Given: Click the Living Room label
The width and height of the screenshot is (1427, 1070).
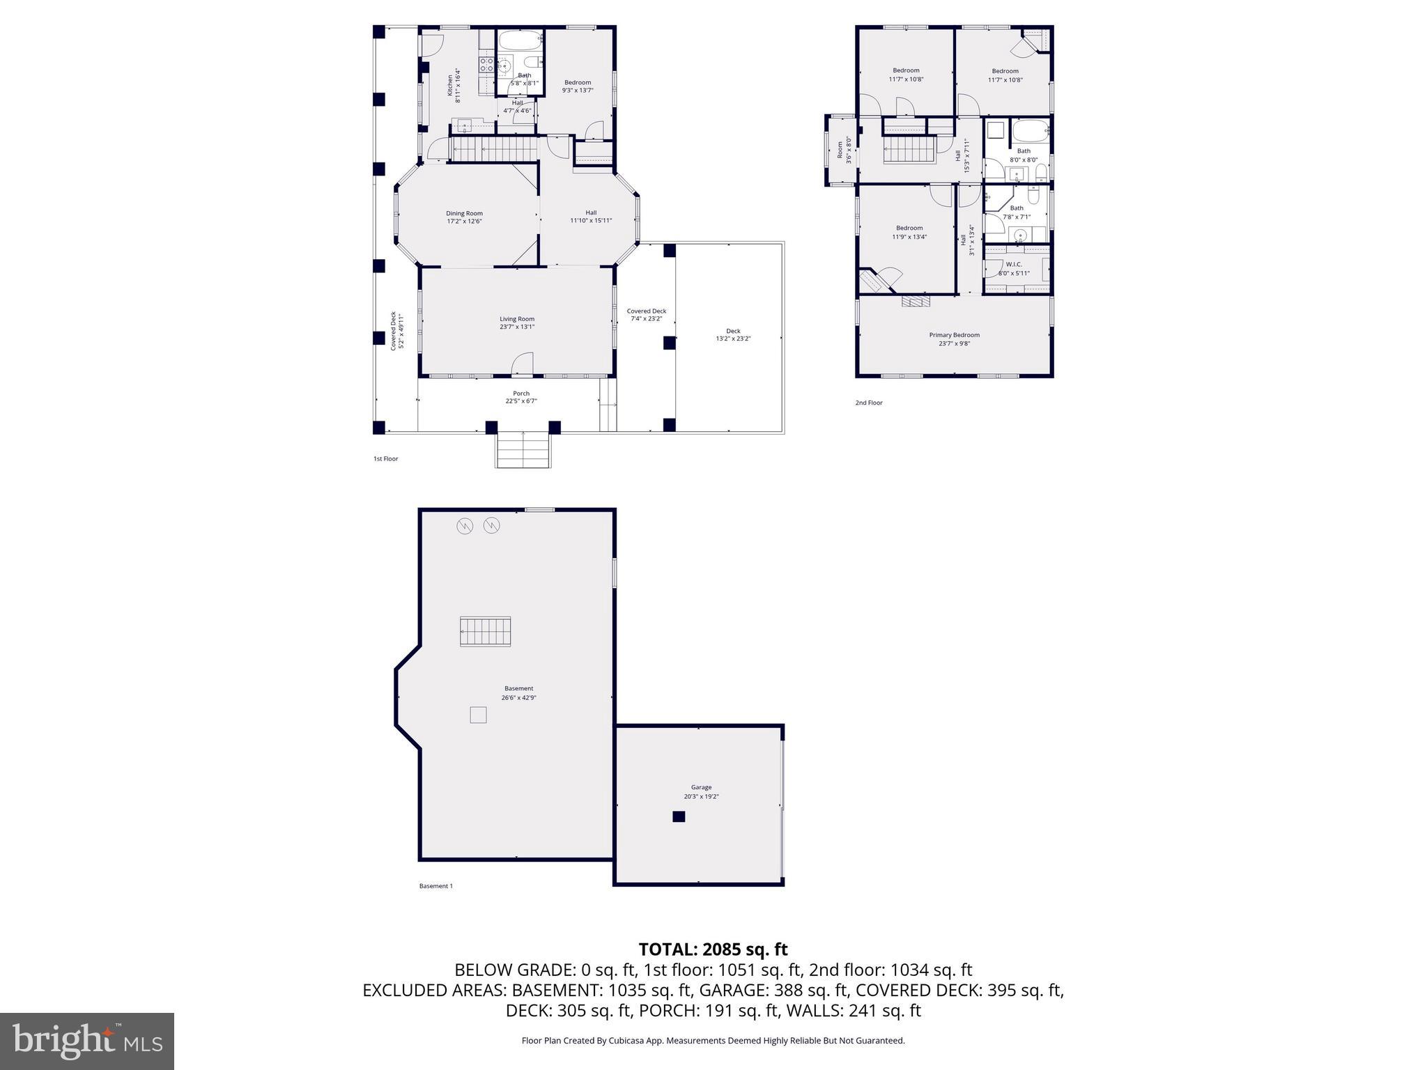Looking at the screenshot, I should (x=516, y=319).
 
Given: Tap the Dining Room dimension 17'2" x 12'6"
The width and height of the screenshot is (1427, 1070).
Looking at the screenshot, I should (x=464, y=222).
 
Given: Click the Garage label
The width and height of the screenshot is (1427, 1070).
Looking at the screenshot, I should (x=701, y=787).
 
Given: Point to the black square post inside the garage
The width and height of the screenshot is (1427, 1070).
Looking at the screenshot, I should (x=679, y=816).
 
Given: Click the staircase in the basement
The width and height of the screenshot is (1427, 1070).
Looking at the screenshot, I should (x=485, y=632).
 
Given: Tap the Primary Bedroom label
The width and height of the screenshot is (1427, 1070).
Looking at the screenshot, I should (x=954, y=335).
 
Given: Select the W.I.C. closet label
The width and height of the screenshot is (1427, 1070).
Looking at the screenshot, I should (x=1013, y=264).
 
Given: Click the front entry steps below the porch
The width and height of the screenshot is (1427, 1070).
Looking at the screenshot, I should (x=523, y=450).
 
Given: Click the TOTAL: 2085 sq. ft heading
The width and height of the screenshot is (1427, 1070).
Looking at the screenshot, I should (x=713, y=949).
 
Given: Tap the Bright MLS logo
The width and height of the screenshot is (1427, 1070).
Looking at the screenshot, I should (x=86, y=1041).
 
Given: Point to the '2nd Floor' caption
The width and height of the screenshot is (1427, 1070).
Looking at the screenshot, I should (x=868, y=403).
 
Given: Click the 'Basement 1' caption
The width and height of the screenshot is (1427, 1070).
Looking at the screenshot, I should (x=435, y=886).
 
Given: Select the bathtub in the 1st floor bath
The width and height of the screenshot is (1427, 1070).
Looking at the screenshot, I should (x=519, y=40).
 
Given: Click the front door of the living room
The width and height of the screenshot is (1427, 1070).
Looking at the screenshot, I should (x=523, y=364).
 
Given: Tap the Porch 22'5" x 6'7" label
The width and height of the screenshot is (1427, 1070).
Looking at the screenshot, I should (x=520, y=397).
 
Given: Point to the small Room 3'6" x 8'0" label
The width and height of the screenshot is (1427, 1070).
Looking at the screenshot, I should (x=844, y=150).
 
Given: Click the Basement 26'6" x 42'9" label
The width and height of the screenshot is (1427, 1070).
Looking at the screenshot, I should (x=518, y=693).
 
